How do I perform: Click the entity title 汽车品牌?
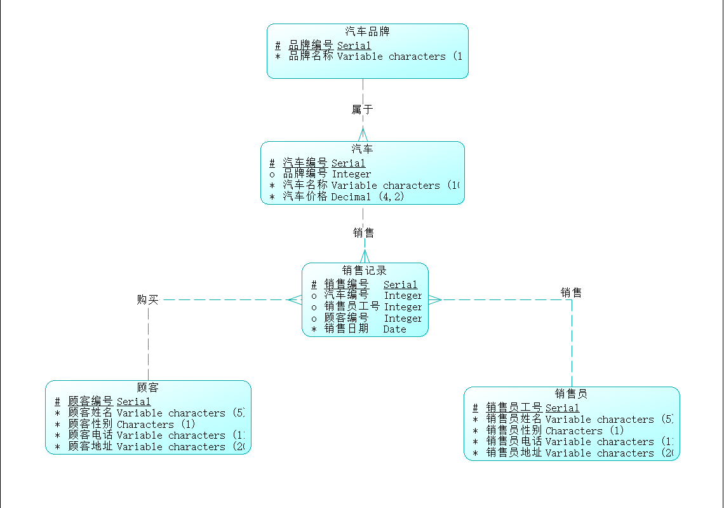click(x=367, y=31)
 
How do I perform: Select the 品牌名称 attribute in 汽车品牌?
click(x=311, y=56)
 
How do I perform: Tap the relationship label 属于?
click(x=362, y=109)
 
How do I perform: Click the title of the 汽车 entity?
click(x=362, y=149)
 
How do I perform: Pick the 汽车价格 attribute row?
click(x=305, y=196)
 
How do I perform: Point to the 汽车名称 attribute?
click(x=305, y=185)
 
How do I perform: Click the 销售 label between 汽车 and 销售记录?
click(x=364, y=233)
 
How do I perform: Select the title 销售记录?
click(x=365, y=270)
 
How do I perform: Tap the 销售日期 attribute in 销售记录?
click(x=346, y=329)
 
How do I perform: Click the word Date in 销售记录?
click(x=394, y=329)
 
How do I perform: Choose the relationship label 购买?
click(x=147, y=299)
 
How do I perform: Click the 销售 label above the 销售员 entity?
click(x=571, y=292)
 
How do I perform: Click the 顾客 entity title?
click(x=148, y=387)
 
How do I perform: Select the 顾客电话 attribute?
click(x=91, y=436)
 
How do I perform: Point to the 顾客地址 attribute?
click(x=91, y=447)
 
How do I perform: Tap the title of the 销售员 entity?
click(x=571, y=394)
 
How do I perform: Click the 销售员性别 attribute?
click(x=514, y=430)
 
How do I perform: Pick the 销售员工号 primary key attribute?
click(x=514, y=408)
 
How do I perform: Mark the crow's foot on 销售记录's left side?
click(x=295, y=299)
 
